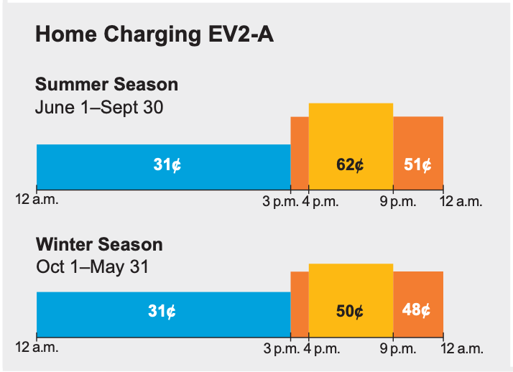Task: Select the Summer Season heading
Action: click(106, 84)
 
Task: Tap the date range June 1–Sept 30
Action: click(99, 108)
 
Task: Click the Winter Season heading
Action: click(99, 244)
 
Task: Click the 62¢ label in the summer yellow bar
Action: click(350, 164)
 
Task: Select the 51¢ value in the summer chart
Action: click(417, 164)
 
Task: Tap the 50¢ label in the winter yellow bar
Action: click(350, 312)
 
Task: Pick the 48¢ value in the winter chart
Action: click(417, 312)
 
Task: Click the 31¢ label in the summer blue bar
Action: click(167, 164)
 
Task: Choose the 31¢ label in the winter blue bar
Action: click(162, 312)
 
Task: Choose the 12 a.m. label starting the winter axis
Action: click(37, 348)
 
